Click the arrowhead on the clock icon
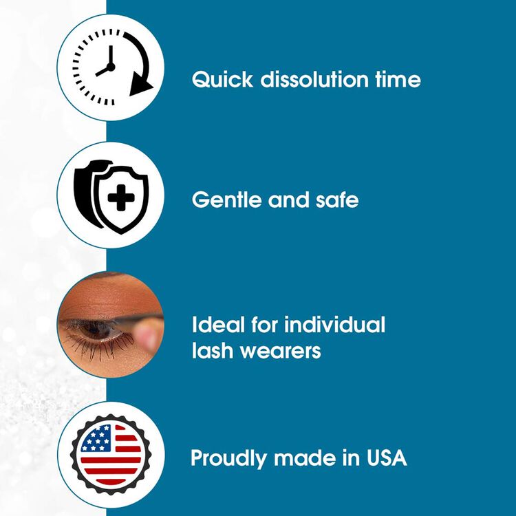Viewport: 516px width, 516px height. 142,86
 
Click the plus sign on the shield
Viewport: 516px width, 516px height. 121,200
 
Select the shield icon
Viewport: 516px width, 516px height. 111,196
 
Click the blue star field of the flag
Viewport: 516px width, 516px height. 96,438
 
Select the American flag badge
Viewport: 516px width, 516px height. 111,455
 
